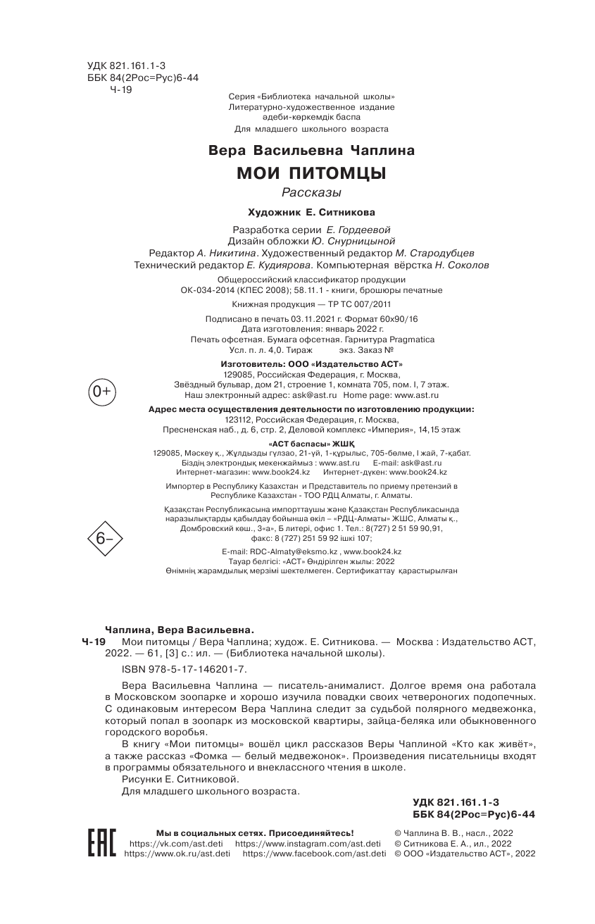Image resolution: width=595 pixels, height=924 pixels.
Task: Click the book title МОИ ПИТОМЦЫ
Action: coord(311,173)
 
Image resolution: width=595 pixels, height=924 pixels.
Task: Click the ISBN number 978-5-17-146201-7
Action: coord(184,668)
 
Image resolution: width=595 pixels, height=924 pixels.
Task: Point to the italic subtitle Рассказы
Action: coord(311,193)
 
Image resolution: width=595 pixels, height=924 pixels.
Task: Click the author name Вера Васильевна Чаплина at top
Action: coord(311,151)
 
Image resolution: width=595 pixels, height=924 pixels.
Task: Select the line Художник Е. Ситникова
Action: coord(311,211)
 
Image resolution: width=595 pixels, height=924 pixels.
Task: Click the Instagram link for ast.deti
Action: coord(308,843)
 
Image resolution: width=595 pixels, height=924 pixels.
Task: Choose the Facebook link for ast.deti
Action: coord(314,854)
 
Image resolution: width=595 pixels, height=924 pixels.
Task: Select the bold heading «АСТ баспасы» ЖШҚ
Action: coord(311,444)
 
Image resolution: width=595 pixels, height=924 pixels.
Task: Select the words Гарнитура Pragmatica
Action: coord(397,339)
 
